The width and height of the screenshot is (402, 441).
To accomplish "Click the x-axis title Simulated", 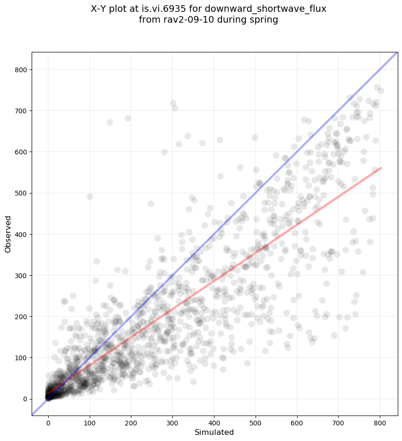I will tap(214, 432).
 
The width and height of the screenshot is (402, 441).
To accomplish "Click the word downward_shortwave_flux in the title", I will tap(280, 8).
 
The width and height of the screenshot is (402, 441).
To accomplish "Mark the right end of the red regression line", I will tap(381, 168).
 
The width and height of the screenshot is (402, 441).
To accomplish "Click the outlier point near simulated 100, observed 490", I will tap(90, 196).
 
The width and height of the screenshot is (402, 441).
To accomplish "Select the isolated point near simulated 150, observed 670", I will tap(110, 122).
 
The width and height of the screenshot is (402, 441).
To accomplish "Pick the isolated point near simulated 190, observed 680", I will tap(128, 118).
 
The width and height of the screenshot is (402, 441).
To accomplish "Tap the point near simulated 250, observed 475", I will tap(151, 204).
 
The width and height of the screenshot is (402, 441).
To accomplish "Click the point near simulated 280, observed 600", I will tap(164, 152).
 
